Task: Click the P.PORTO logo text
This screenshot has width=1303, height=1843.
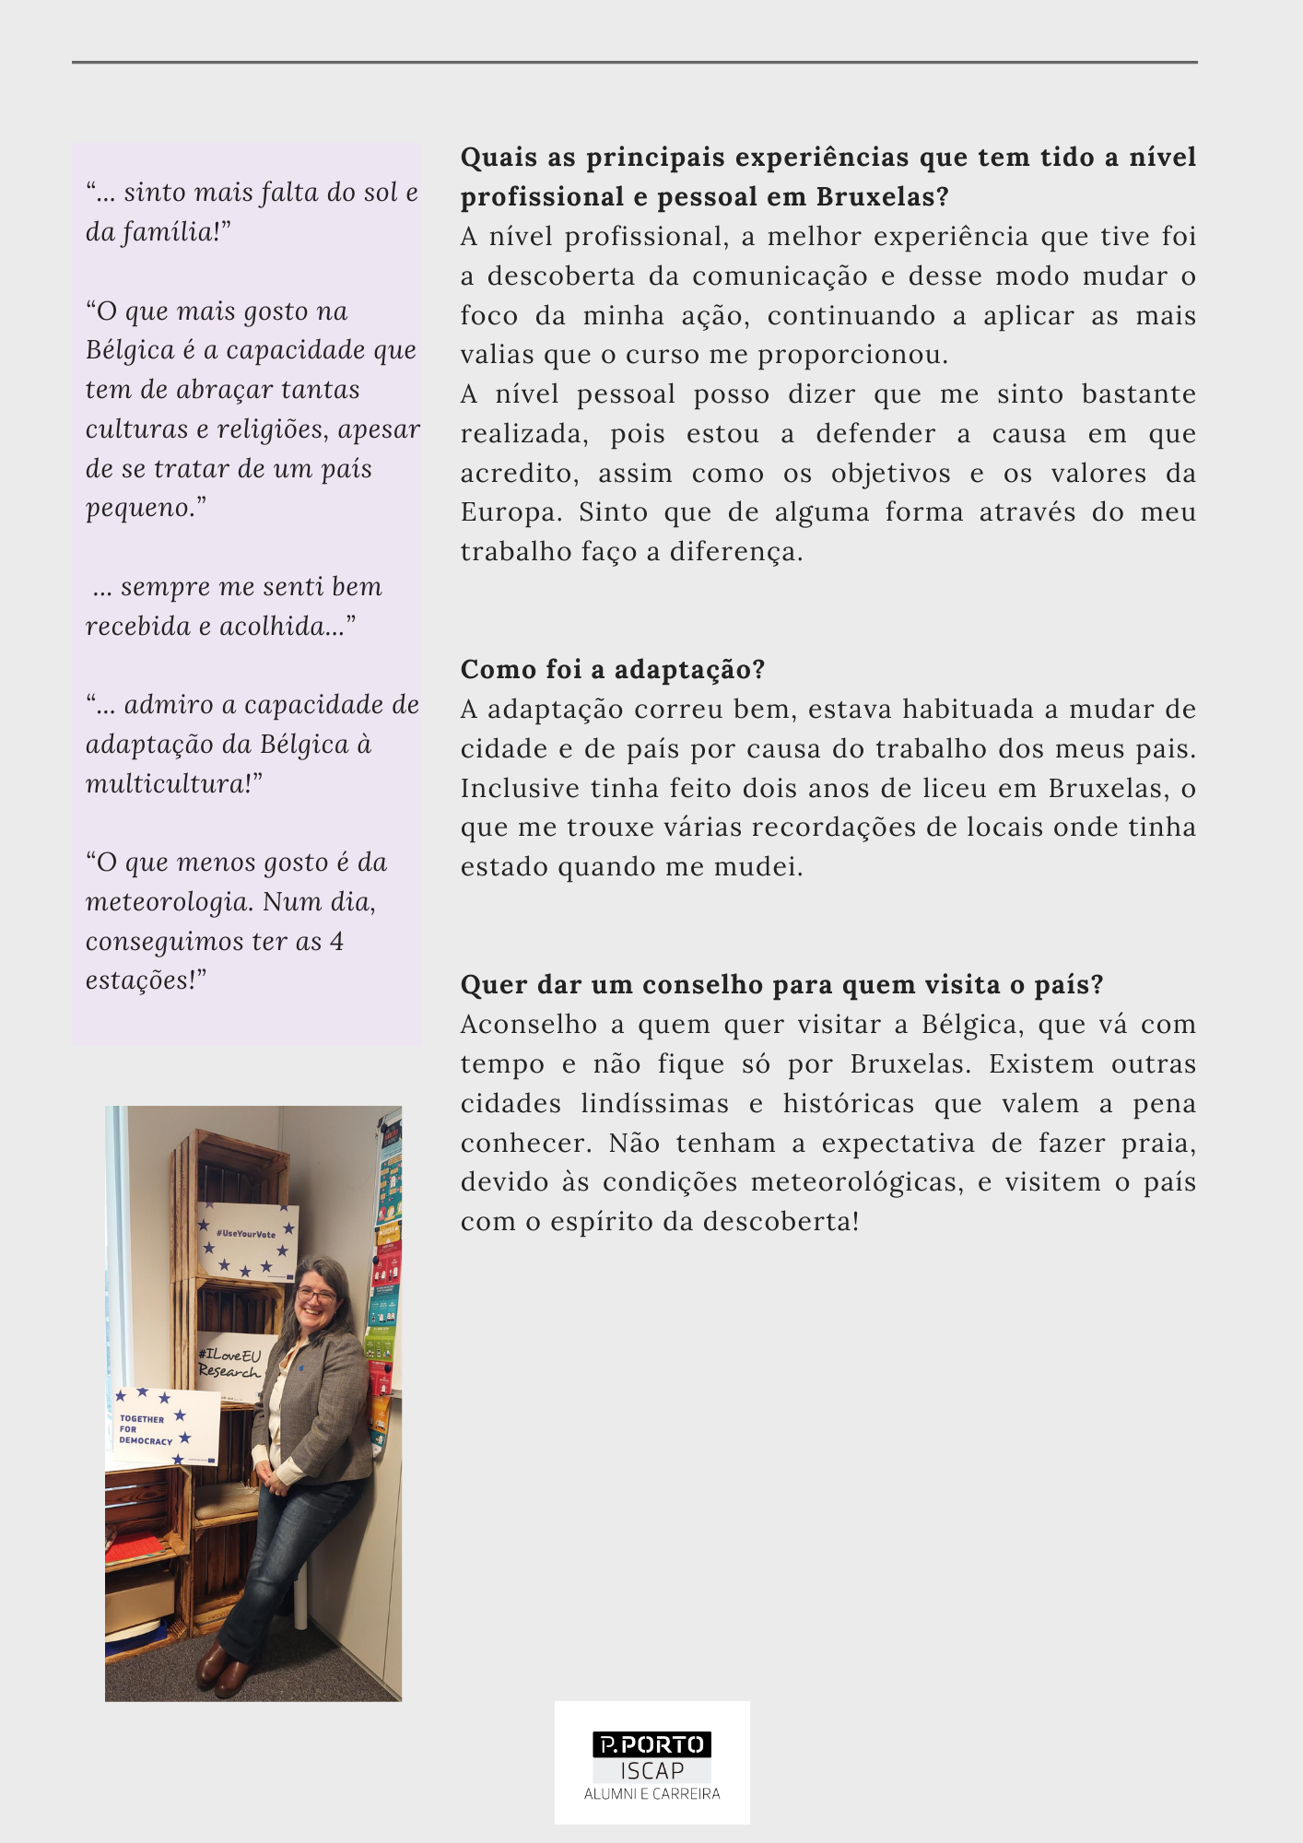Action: [651, 1744]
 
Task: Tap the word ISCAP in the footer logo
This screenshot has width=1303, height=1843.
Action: [651, 1771]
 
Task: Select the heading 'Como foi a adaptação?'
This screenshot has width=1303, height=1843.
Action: [613, 670]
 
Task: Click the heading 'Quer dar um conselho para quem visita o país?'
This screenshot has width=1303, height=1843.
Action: [781, 985]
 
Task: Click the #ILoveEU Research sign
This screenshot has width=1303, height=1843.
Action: [231, 1363]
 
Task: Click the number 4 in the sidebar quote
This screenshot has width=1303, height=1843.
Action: [336, 942]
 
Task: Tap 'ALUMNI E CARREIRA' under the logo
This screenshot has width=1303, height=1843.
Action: [651, 1794]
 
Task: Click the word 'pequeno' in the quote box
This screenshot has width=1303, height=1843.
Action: [139, 509]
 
